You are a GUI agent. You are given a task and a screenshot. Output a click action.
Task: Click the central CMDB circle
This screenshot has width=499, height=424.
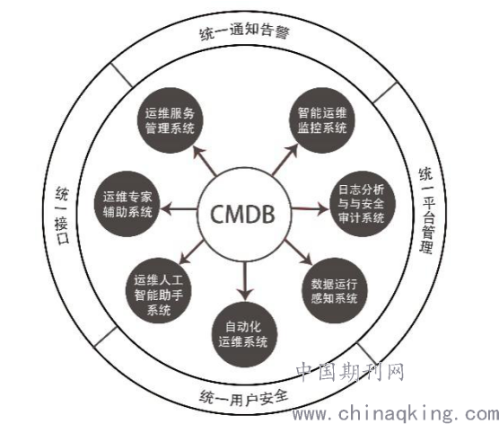(x=244, y=214)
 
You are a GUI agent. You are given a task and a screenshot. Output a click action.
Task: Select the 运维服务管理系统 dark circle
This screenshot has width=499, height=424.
(x=171, y=120)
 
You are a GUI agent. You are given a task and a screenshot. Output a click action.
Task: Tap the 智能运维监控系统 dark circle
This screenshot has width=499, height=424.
(x=322, y=120)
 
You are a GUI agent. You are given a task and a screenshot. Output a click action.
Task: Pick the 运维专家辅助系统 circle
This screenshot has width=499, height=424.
(x=127, y=204)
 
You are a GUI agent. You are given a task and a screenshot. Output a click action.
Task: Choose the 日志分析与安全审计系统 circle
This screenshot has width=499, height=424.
(x=362, y=204)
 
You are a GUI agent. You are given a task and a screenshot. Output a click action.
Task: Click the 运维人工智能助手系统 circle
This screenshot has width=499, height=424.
(x=159, y=290)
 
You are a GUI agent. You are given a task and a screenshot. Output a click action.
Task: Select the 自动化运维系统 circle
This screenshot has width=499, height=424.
(x=244, y=334)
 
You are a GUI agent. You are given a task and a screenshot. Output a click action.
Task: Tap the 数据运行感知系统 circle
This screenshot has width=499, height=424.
(x=335, y=290)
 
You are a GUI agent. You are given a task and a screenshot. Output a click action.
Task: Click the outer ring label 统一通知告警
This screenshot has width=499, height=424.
(x=244, y=31)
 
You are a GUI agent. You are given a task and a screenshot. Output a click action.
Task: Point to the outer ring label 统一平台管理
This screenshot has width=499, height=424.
(x=426, y=210)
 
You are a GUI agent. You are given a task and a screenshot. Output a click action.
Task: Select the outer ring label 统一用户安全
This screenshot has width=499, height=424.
(x=244, y=397)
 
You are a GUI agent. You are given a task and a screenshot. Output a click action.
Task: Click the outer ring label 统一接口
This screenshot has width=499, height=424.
(x=62, y=216)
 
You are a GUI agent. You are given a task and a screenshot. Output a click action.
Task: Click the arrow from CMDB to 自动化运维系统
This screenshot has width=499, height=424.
(x=245, y=281)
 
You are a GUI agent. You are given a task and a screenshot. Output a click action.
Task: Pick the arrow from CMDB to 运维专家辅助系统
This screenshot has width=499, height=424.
(x=179, y=209)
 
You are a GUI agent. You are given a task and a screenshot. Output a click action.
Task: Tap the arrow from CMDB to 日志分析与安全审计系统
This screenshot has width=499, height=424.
(x=310, y=209)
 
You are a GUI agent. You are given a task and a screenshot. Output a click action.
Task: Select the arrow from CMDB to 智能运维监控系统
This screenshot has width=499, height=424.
(x=285, y=160)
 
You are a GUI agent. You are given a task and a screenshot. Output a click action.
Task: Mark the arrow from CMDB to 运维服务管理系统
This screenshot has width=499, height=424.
(x=205, y=161)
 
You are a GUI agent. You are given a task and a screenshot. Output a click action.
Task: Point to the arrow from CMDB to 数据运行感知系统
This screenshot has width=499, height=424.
(x=298, y=252)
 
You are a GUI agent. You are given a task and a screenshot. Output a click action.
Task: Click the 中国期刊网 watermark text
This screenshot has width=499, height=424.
(x=350, y=372)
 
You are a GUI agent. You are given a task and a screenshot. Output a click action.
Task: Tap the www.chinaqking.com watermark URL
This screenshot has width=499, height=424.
(x=396, y=413)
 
